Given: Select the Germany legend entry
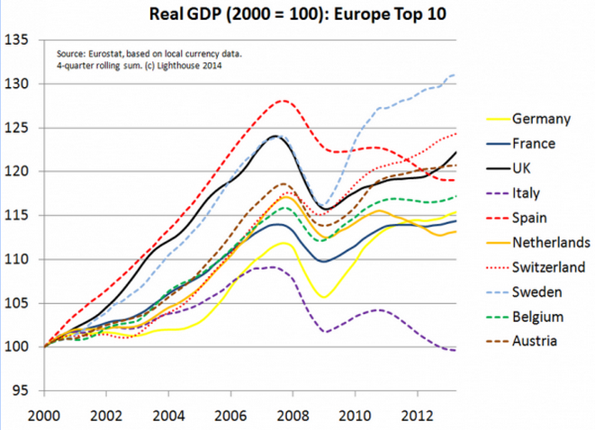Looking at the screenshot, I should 541,119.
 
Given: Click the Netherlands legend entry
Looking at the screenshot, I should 551,242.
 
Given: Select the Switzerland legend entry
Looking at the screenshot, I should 551,267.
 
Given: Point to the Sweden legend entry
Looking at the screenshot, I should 538,291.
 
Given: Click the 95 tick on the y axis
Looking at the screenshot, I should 19,390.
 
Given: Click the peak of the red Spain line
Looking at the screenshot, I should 284,101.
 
